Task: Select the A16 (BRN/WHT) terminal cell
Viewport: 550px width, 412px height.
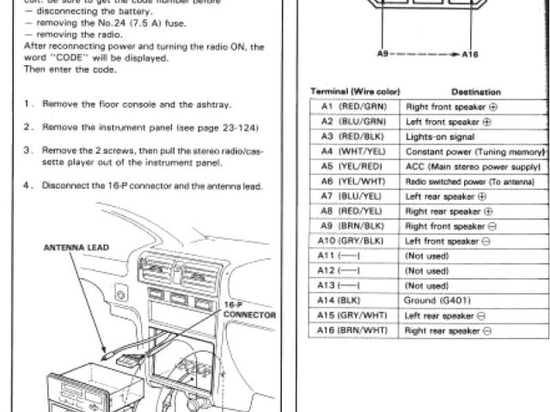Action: [x=354, y=330]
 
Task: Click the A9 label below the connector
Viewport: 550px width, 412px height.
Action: [x=383, y=53]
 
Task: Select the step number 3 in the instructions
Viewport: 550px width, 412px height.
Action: [x=28, y=148]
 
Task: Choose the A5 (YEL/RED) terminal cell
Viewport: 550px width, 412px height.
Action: [x=354, y=166]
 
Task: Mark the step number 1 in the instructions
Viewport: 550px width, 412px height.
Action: [x=28, y=105]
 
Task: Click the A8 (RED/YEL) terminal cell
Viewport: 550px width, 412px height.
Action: [x=354, y=210]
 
